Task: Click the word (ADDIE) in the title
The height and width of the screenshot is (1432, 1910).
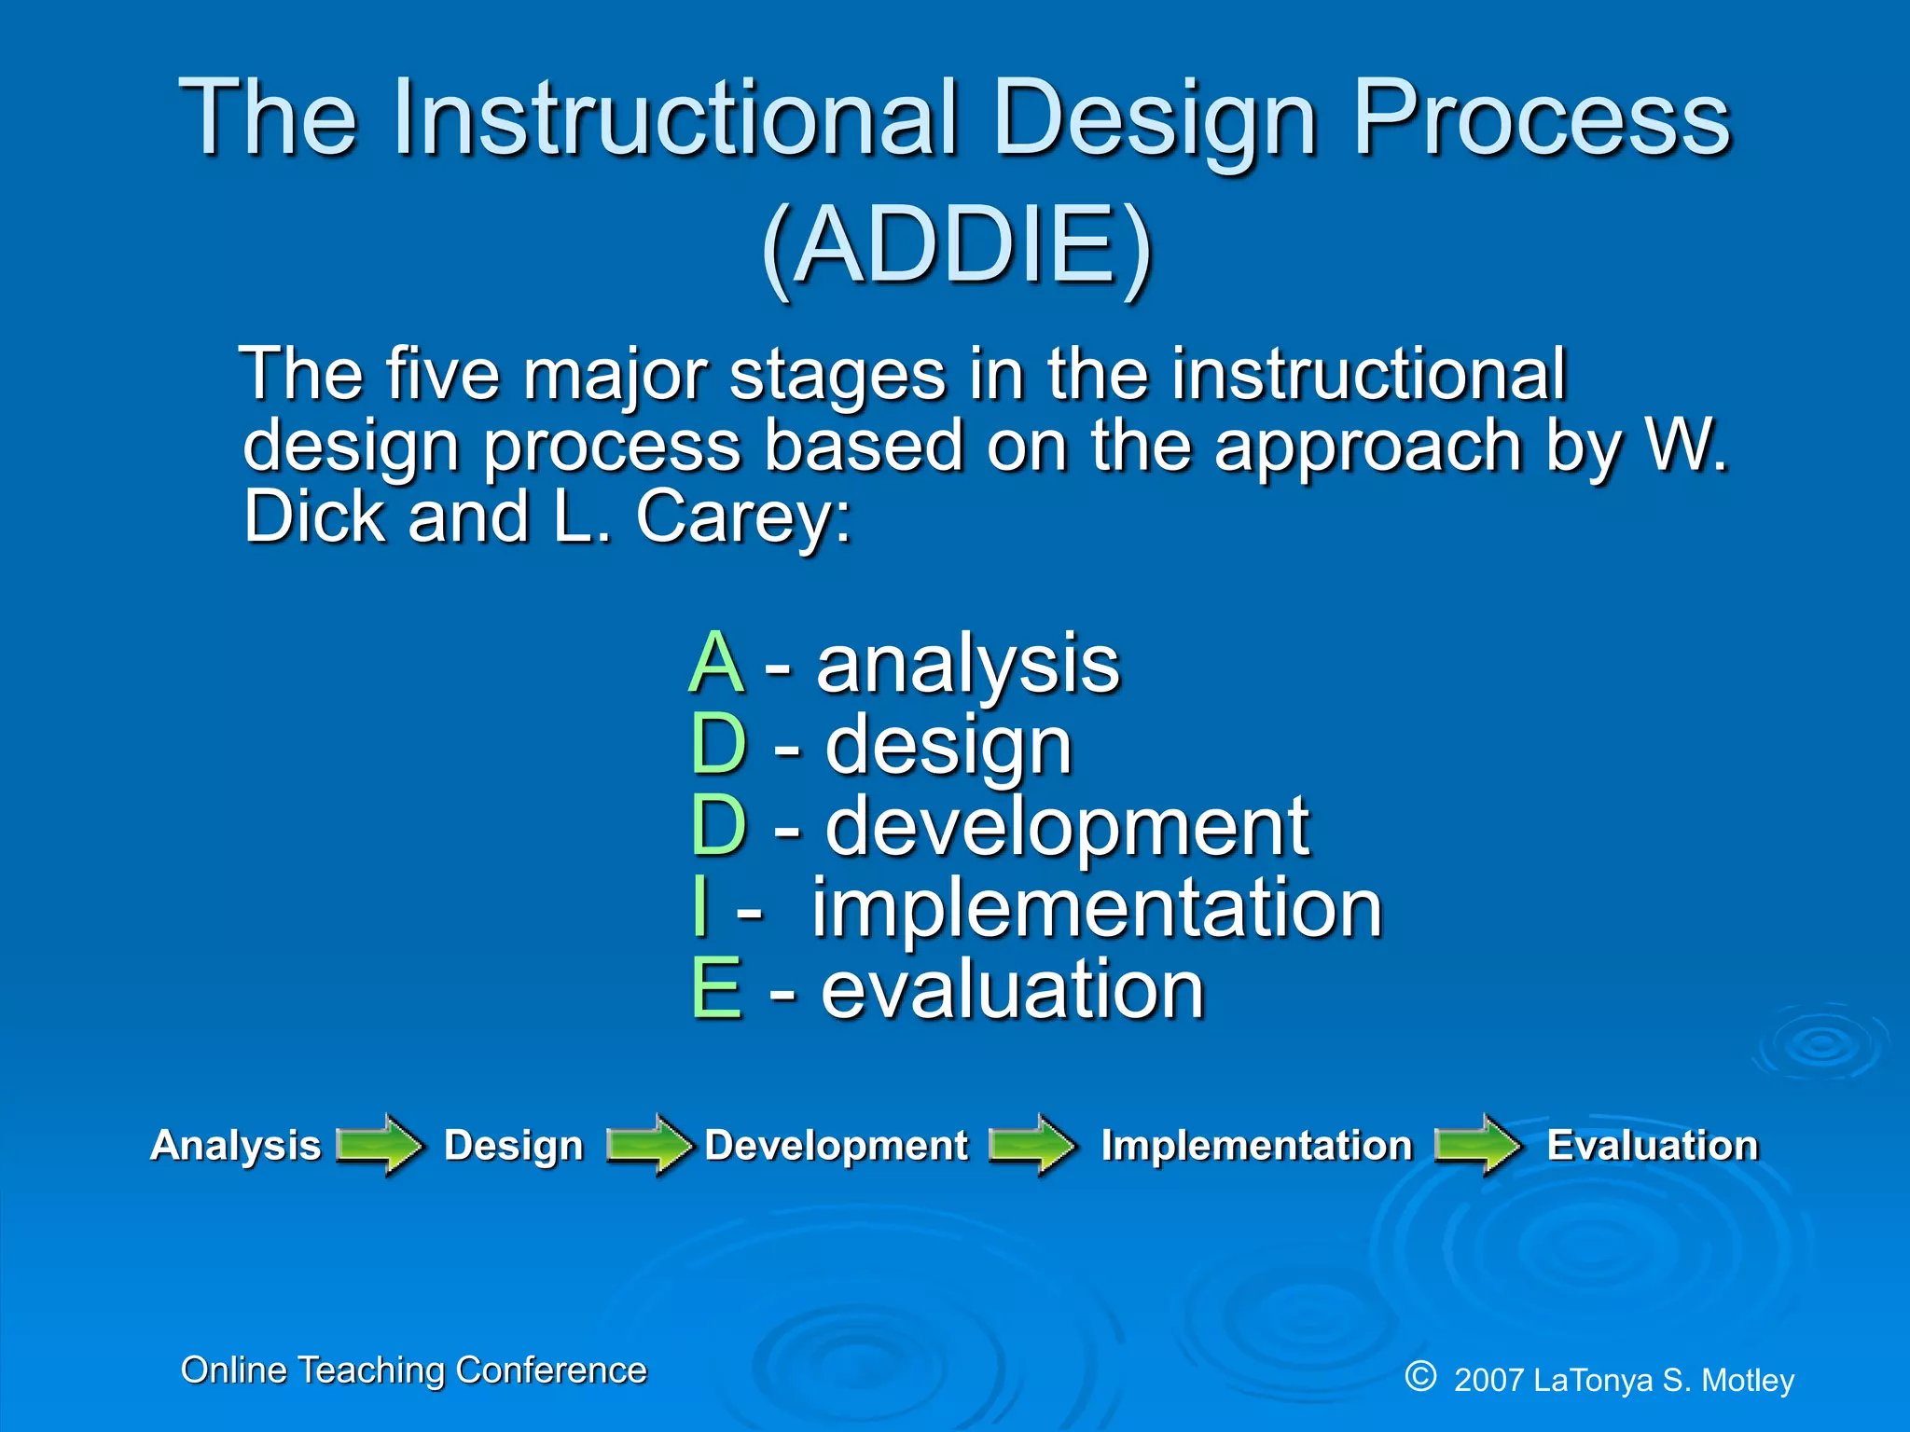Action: click(x=957, y=247)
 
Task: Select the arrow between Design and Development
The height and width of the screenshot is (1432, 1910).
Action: click(x=649, y=1144)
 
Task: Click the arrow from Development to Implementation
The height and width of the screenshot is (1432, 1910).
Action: click(x=1031, y=1144)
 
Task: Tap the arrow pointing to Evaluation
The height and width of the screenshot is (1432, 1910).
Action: click(x=1477, y=1144)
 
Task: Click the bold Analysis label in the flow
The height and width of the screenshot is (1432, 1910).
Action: click(x=235, y=1145)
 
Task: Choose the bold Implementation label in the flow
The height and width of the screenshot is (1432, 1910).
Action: click(x=1256, y=1145)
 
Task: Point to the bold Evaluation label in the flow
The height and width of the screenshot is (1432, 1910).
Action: click(x=1652, y=1145)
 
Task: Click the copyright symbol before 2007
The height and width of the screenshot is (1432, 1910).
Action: click(x=1420, y=1376)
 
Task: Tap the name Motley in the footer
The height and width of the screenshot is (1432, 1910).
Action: click(x=1747, y=1380)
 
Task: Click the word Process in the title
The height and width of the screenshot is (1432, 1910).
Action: click(x=1541, y=119)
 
